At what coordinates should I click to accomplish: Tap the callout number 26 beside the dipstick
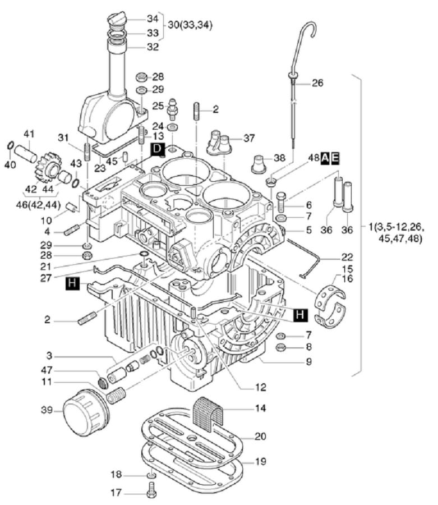317,84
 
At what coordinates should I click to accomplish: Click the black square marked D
158,149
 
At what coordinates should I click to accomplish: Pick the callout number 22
349,258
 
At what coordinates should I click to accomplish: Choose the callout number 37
249,138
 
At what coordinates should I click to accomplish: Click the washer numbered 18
151,478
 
